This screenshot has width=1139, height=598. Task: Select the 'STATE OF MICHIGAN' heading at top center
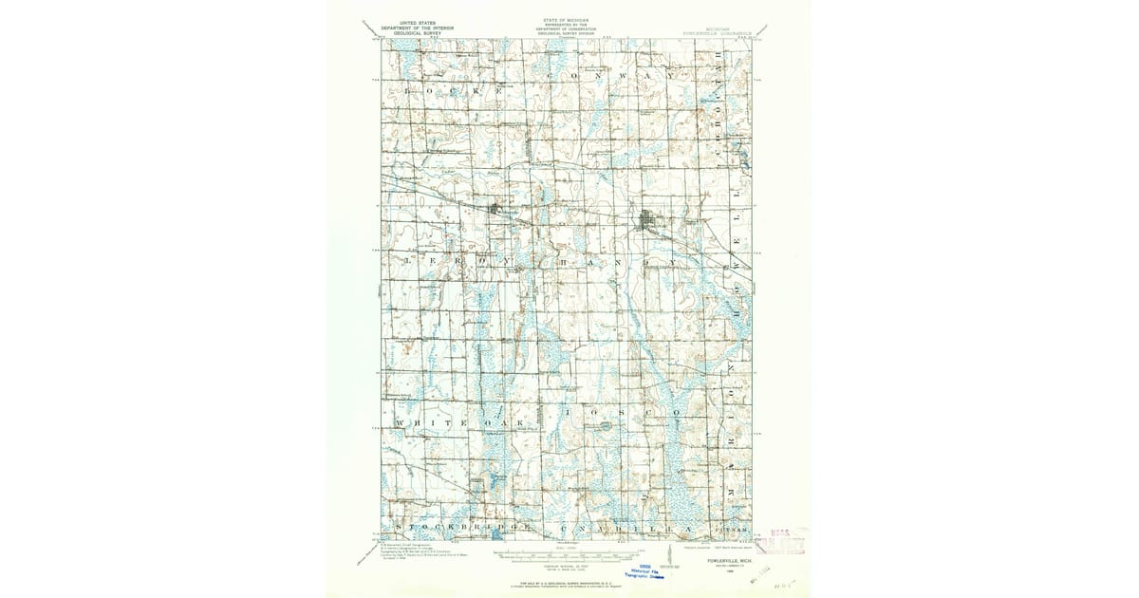566,19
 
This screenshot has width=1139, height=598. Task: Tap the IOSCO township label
617,415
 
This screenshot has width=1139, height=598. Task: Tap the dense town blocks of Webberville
495,210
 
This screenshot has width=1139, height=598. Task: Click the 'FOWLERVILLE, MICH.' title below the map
722,560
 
